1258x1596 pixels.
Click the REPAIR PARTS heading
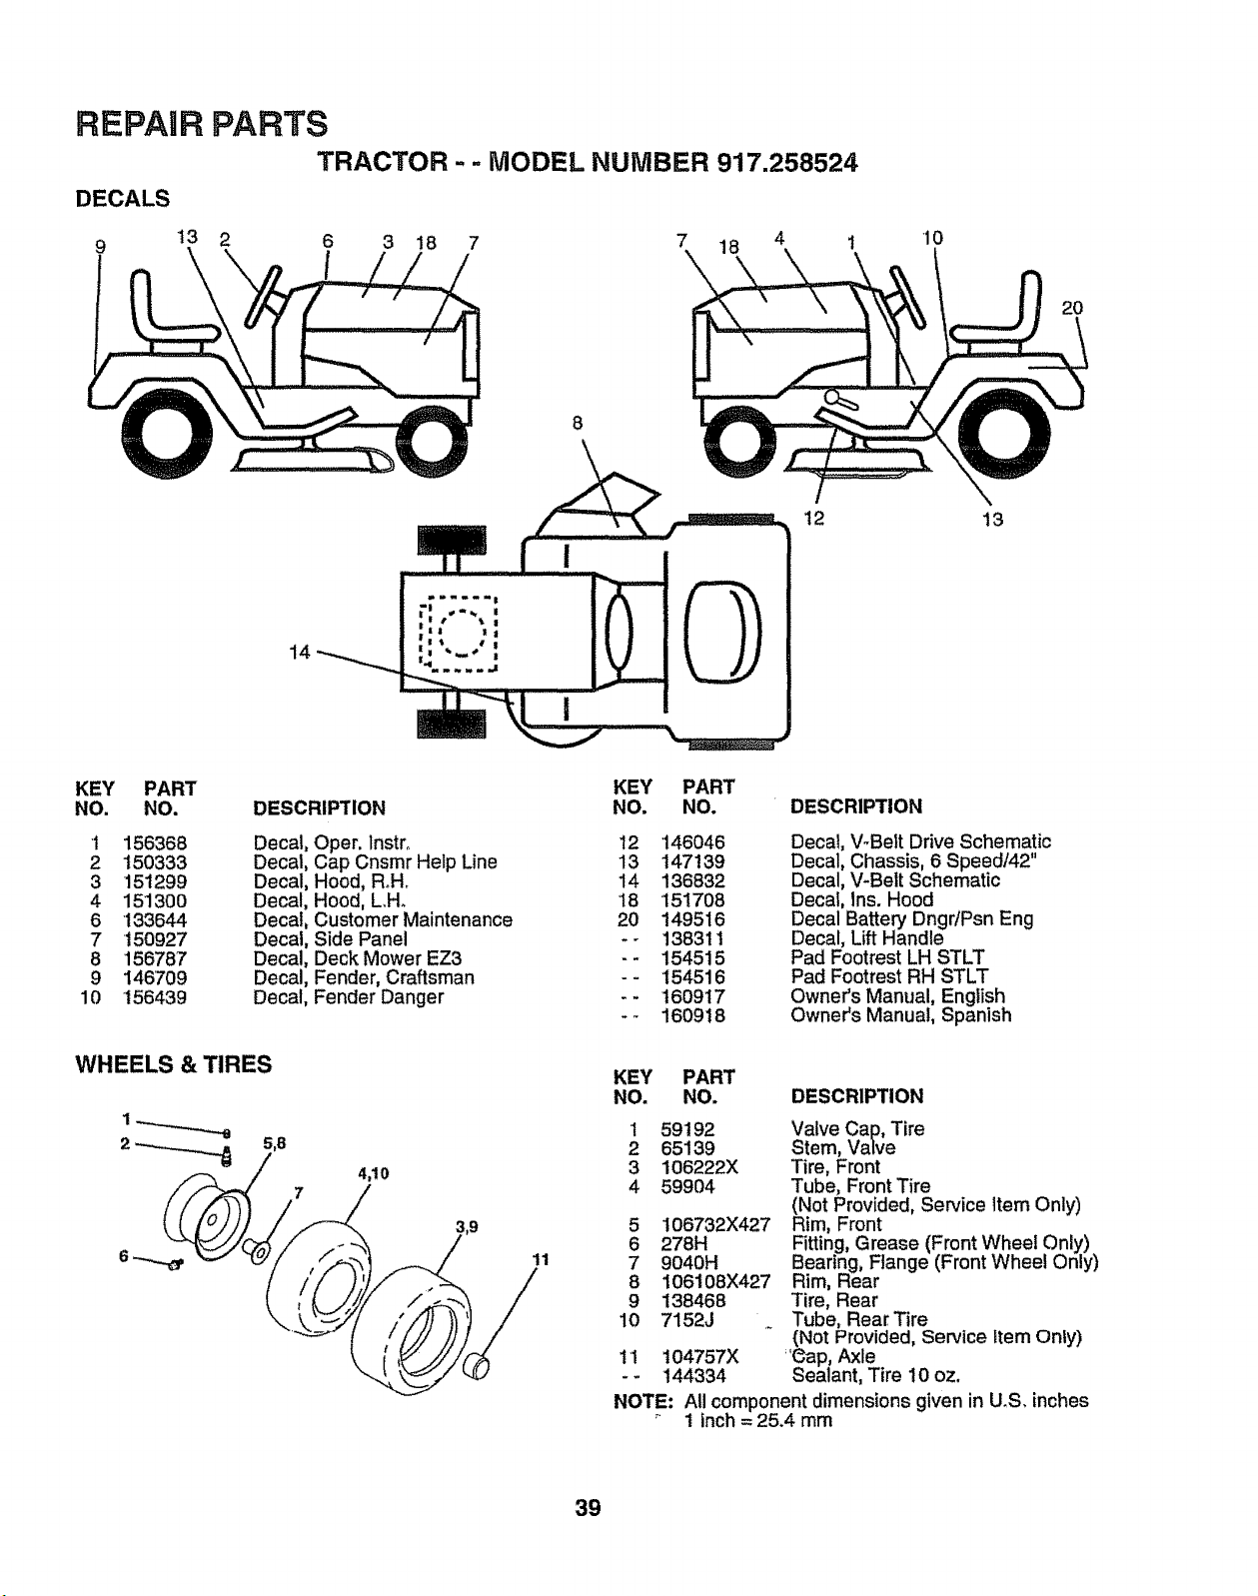click(201, 124)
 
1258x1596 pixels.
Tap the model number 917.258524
click(787, 163)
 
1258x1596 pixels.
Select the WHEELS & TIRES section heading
click(174, 1064)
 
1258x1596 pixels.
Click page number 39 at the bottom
click(589, 1507)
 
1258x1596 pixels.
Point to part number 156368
click(155, 843)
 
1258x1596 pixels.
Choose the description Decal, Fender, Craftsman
click(364, 977)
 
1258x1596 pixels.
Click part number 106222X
click(699, 1166)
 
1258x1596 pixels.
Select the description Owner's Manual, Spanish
click(900, 1014)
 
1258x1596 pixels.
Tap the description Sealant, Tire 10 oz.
click(876, 1376)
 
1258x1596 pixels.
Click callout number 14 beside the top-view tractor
click(299, 652)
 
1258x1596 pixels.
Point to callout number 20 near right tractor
click(1072, 308)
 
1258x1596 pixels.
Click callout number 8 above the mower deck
click(578, 423)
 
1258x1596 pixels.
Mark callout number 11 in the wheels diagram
click(541, 1260)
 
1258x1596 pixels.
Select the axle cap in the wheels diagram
click(476, 1365)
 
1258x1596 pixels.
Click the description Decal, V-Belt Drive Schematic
click(920, 841)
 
